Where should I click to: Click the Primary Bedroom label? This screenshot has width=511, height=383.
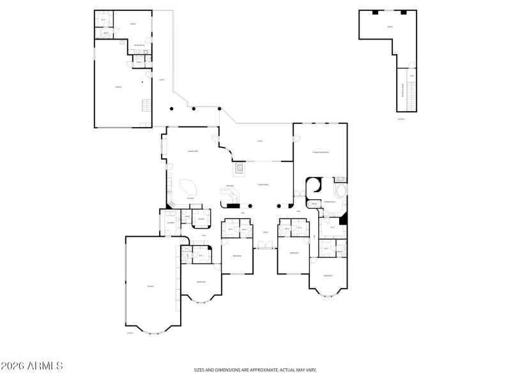(320, 153)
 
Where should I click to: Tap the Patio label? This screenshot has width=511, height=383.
(260, 141)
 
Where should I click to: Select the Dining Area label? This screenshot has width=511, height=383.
(191, 151)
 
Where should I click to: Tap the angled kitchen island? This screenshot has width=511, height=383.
(189, 187)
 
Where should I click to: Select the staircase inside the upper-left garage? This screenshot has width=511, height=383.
(144, 105)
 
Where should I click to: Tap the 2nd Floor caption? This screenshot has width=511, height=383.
(401, 119)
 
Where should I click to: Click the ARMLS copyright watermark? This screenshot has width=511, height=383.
(32, 366)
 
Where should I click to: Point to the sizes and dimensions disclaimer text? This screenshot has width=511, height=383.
(256, 370)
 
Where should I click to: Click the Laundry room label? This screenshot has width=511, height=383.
(171, 222)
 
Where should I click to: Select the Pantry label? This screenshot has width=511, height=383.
(201, 220)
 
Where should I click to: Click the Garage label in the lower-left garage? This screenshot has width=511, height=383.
(150, 286)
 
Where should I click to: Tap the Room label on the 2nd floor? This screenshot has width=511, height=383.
(387, 26)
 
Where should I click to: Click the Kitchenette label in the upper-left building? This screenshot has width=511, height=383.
(139, 45)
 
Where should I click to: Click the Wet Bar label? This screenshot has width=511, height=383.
(230, 186)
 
